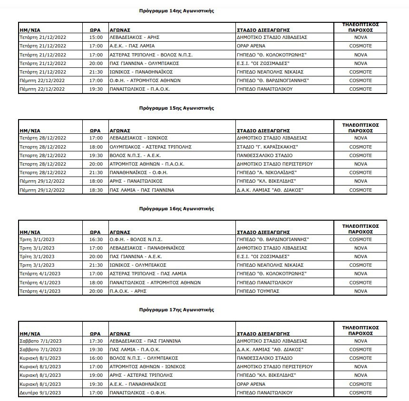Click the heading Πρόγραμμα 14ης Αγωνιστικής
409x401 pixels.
click(x=176, y=10)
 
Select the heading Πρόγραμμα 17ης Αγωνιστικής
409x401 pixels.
click(x=176, y=310)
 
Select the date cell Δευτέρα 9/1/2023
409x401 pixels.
click(x=39, y=393)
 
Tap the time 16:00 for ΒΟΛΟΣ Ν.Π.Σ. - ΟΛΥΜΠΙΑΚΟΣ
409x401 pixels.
click(x=96, y=358)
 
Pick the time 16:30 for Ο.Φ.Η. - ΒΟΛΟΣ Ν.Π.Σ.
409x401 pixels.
click(x=96, y=239)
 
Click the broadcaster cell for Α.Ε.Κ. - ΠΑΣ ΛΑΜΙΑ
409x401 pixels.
click(x=360, y=46)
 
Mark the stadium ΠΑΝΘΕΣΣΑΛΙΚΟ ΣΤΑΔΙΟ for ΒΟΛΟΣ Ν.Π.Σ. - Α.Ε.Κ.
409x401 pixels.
click(x=264, y=155)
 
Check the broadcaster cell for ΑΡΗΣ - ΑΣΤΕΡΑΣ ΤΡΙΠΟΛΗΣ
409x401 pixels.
click(x=360, y=375)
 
